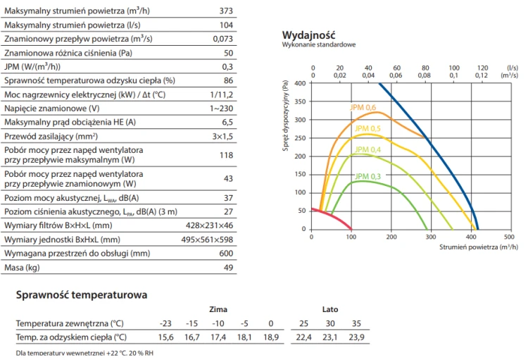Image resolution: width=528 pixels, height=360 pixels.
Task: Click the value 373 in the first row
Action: [x=226, y=11]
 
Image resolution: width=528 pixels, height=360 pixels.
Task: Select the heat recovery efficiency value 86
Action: [x=228, y=80]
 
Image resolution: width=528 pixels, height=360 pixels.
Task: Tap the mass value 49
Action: [x=228, y=268]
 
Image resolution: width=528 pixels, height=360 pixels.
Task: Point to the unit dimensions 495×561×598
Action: [x=207, y=240]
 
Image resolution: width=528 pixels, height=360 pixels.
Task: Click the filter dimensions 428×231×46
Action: [x=209, y=225]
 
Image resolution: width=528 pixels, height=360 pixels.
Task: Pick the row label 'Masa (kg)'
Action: [x=22, y=268]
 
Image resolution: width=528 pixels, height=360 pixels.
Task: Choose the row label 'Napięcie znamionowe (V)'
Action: [x=52, y=108]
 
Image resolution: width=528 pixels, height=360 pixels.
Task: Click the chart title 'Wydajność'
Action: [x=308, y=35]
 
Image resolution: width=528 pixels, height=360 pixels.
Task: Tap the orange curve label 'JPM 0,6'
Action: [x=363, y=108]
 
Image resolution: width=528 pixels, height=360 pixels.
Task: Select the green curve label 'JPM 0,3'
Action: [x=367, y=176]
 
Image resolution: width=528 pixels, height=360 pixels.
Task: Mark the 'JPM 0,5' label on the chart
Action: [x=367, y=128]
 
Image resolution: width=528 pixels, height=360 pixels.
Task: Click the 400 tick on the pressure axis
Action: [x=300, y=83]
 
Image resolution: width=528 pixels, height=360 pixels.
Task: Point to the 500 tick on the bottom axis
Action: [x=509, y=237]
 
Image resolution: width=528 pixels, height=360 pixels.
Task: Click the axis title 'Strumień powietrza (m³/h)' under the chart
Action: [x=479, y=247]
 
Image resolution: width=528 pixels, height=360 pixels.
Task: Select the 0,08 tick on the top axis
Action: [x=425, y=75]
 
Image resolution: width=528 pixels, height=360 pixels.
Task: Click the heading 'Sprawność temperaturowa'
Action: [x=82, y=295]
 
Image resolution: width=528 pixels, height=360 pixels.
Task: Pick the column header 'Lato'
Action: [x=330, y=309]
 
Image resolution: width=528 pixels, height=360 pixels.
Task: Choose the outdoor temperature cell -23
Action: [x=165, y=323]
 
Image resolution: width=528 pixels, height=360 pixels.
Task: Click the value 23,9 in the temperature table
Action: [x=356, y=337]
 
